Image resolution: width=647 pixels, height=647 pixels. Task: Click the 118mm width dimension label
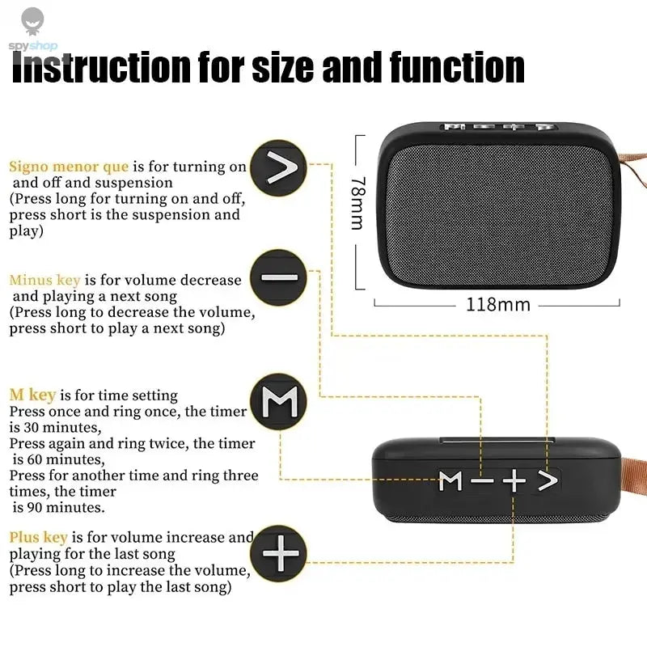(497, 305)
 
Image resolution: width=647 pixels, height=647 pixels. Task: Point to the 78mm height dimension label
(357, 203)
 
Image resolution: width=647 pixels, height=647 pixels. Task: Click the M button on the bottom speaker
(450, 481)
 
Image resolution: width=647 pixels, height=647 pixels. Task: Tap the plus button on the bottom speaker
(514, 481)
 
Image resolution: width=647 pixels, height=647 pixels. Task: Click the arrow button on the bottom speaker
(548, 480)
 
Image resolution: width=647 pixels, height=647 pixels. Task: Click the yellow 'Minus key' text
(44, 280)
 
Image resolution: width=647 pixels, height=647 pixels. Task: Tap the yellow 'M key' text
(32, 395)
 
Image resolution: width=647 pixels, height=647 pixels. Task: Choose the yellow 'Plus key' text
(38, 537)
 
